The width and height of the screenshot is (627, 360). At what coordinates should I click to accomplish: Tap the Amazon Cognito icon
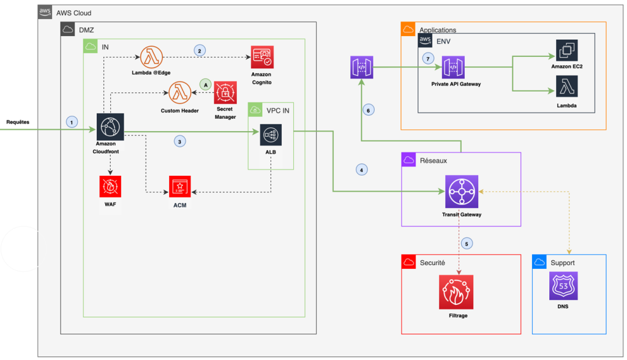click(261, 57)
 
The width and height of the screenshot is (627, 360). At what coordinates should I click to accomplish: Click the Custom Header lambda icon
click(179, 93)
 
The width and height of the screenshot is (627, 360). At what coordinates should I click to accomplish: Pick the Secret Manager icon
click(225, 92)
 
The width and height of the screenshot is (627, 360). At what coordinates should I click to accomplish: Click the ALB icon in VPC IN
click(270, 135)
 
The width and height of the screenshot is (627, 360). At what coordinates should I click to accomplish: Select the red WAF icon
click(110, 186)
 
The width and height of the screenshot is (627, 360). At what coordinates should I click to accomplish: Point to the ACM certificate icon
click(180, 187)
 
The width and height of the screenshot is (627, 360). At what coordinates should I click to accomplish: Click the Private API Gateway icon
click(455, 67)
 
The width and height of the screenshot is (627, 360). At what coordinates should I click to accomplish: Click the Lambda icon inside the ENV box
click(566, 87)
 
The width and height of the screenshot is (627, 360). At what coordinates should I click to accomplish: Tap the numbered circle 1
click(73, 121)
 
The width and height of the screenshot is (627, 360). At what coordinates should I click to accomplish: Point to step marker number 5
click(467, 243)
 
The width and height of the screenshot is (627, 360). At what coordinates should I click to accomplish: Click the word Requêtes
click(18, 122)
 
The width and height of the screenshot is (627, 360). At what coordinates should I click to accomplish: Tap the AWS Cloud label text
click(74, 13)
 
